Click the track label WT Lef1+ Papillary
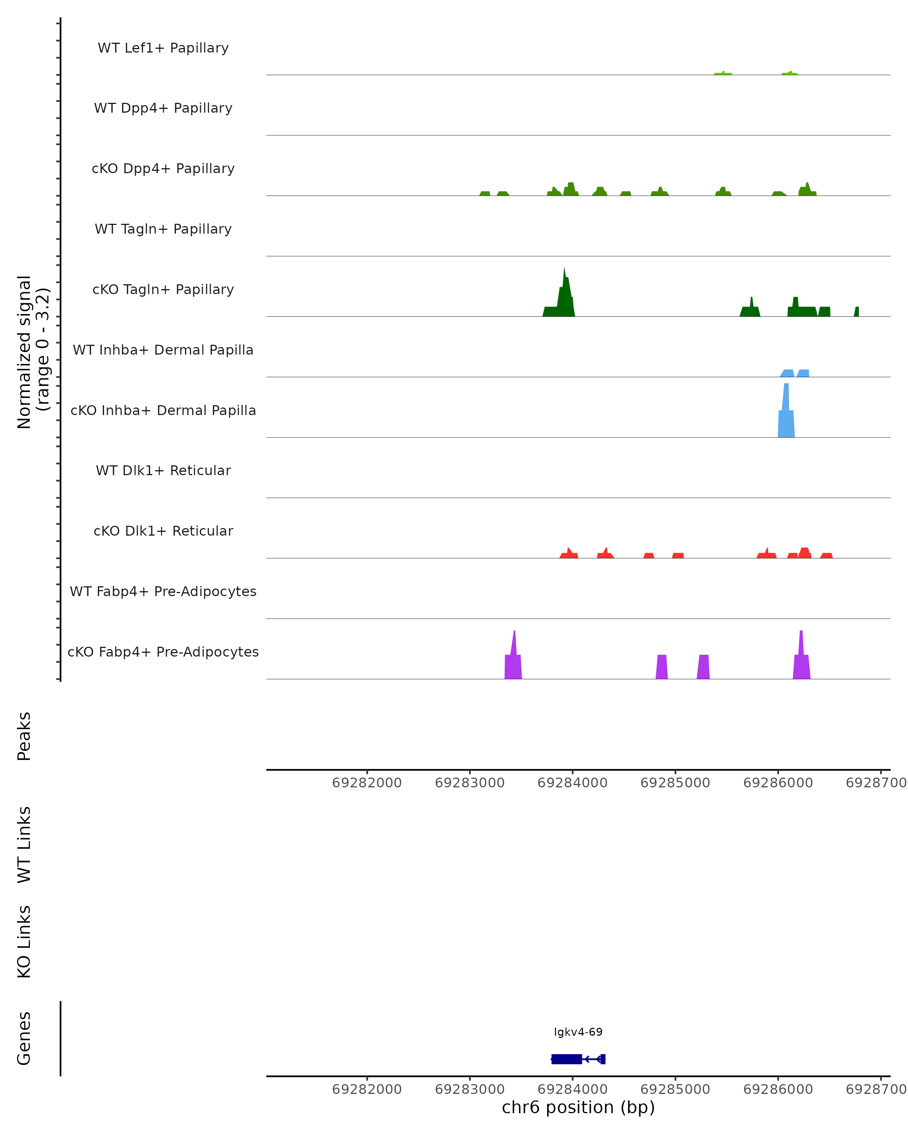click(163, 48)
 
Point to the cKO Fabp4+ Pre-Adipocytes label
click(163, 652)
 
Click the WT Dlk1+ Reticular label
click(163, 470)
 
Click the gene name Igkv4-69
click(578, 1032)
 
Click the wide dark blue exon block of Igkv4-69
click(566, 1059)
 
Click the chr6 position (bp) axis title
click(578, 1107)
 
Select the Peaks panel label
click(24, 736)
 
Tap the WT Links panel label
click(24, 844)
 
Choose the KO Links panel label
click(24, 942)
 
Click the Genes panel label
click(24, 1038)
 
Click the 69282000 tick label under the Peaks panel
click(367, 783)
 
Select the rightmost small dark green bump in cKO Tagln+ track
click(857, 312)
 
